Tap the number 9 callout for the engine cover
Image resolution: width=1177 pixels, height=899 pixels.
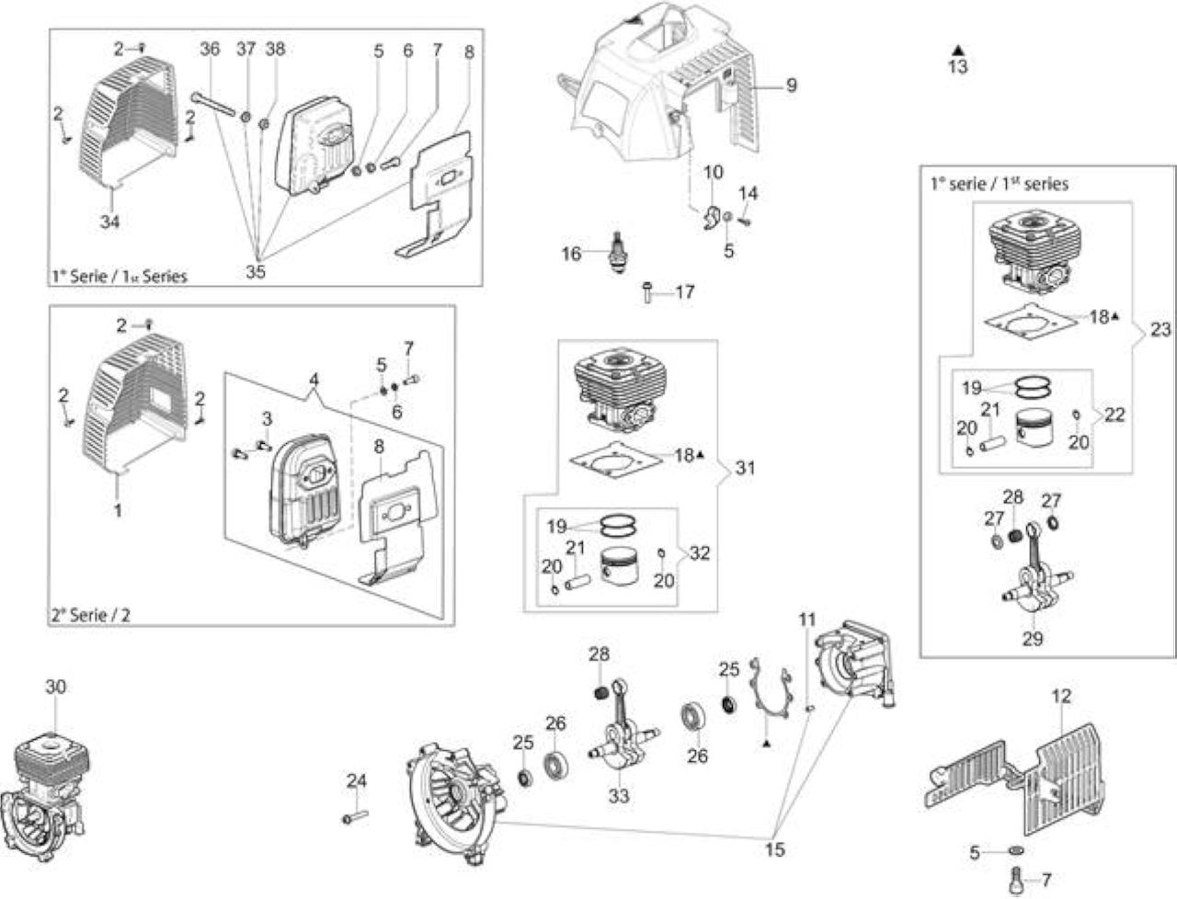(x=792, y=85)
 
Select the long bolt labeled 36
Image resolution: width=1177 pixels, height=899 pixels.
(x=213, y=103)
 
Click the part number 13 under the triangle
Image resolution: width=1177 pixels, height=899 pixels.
(x=957, y=67)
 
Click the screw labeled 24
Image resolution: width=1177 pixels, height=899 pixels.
(x=355, y=817)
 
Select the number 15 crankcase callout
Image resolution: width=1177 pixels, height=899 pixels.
(x=775, y=849)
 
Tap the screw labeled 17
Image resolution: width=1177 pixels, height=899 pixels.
(x=647, y=292)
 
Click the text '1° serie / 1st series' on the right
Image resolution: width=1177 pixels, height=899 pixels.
(x=1000, y=184)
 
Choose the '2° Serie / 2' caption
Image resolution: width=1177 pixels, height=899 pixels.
(x=91, y=614)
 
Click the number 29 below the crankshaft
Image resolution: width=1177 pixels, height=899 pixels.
(x=1033, y=639)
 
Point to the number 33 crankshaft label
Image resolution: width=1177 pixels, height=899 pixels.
(x=619, y=795)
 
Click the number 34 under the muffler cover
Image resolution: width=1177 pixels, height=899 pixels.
(x=110, y=221)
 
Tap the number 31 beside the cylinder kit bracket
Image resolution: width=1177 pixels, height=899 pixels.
(x=746, y=468)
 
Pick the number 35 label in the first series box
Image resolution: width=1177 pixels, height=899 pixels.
(x=256, y=272)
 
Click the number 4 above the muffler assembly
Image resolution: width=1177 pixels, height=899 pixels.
(x=314, y=380)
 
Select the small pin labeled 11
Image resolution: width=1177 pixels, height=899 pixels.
(x=810, y=710)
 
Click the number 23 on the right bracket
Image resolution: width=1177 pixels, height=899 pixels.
(x=1160, y=329)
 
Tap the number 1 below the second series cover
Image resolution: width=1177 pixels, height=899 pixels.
(x=118, y=510)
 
